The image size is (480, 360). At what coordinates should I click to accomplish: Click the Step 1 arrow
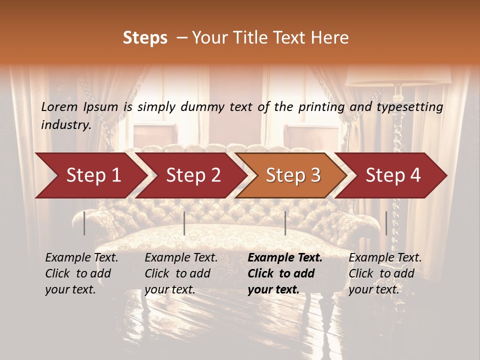[x=90, y=175]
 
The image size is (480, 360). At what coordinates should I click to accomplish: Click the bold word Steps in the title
[x=145, y=38]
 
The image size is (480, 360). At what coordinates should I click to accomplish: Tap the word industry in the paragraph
[x=65, y=124]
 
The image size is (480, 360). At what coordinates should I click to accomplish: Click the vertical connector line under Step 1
[x=84, y=223]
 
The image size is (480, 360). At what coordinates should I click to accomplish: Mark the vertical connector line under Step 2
[x=184, y=223]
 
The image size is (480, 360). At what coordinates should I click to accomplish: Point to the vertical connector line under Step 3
[x=285, y=223]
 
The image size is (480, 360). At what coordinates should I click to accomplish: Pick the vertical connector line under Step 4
[x=386, y=223]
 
